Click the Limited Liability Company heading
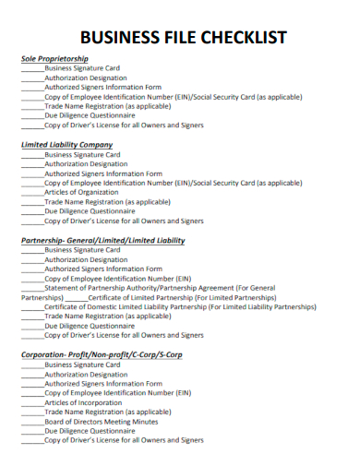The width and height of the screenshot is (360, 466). pyautogui.click(x=67, y=145)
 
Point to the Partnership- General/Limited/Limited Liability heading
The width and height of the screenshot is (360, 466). pyautogui.click(x=103, y=240)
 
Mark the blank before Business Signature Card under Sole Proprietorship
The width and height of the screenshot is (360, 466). pyautogui.click(x=32, y=68)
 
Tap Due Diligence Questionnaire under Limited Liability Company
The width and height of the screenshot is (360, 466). pyautogui.click(x=90, y=210)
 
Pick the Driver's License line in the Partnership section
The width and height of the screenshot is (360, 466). pyautogui.click(x=125, y=336)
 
